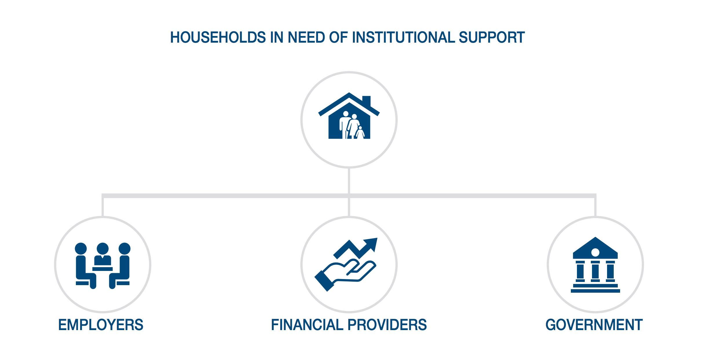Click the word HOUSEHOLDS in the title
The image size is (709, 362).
pos(218,37)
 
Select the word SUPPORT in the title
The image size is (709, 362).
pos(492,37)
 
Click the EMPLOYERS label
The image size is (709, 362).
pos(101,325)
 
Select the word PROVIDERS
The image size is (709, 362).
pos(387,325)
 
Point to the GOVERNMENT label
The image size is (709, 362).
pos(594,325)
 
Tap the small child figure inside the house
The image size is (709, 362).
pos(360,133)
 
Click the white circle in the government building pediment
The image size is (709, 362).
pos(595,252)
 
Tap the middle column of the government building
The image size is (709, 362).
pos(595,271)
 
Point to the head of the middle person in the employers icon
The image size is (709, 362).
pos(103,249)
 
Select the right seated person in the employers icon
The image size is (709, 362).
pos(120,266)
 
